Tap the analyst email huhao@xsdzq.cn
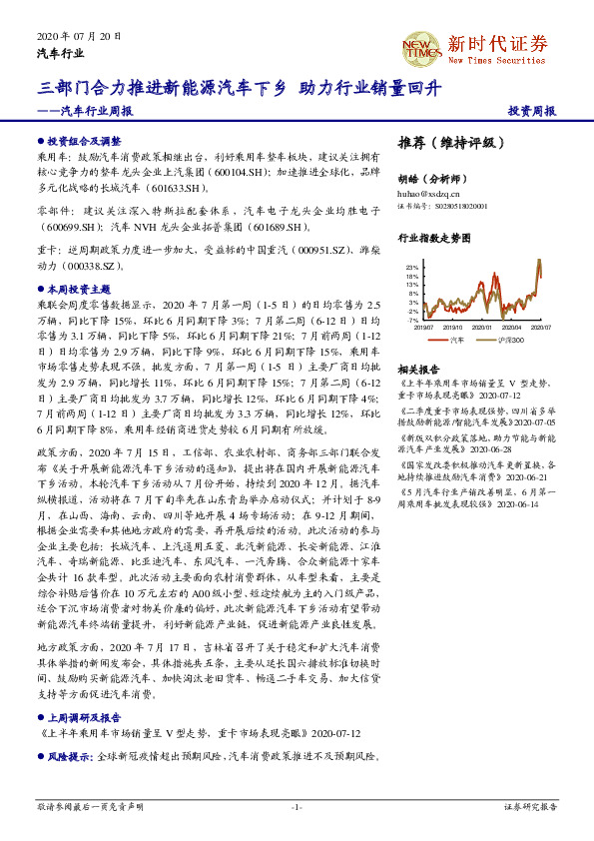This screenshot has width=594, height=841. point(424,191)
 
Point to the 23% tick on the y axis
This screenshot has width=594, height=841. point(411,269)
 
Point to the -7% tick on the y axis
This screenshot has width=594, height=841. point(411,320)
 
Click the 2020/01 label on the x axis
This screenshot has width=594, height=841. point(482,326)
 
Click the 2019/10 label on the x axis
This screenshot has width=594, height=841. point(452,326)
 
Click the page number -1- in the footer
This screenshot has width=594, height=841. point(297,806)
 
